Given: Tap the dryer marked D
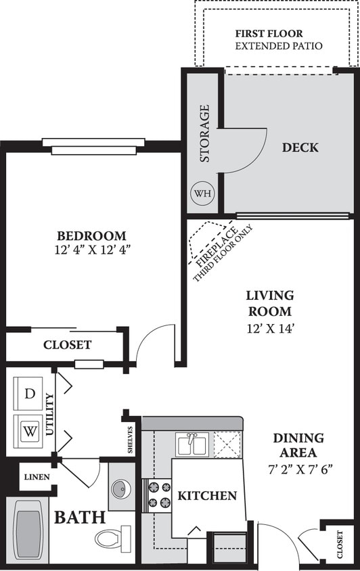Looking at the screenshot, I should (x=29, y=393).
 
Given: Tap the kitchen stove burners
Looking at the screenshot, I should (x=157, y=493).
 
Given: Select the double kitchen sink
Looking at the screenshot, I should (x=192, y=444).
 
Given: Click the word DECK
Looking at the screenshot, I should (x=300, y=147).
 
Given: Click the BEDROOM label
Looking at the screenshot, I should (x=91, y=236).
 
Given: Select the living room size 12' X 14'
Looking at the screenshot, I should (x=269, y=328).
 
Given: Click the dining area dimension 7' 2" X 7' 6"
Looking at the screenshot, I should (x=298, y=467).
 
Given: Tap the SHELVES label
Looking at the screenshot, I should (x=131, y=440).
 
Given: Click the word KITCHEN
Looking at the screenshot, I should (x=207, y=496).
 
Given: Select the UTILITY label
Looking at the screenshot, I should (x=49, y=413).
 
